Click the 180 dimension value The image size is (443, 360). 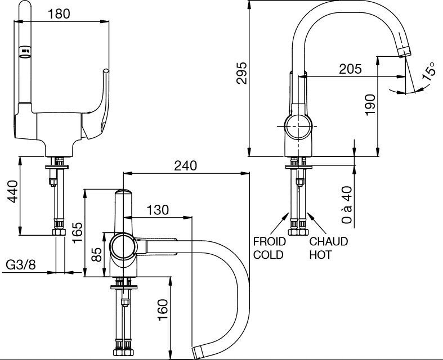coord(60,14)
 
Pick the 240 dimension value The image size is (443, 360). coord(185,165)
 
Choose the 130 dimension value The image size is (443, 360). coord(158,210)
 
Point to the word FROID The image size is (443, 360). coord(269,241)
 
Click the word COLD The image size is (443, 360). coord(269,254)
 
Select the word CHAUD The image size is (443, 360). coord(329,241)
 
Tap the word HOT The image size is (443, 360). coord(321,254)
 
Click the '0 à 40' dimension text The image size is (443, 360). coord(347,206)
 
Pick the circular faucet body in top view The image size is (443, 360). coord(123,246)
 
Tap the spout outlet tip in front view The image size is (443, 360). coord(404,52)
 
